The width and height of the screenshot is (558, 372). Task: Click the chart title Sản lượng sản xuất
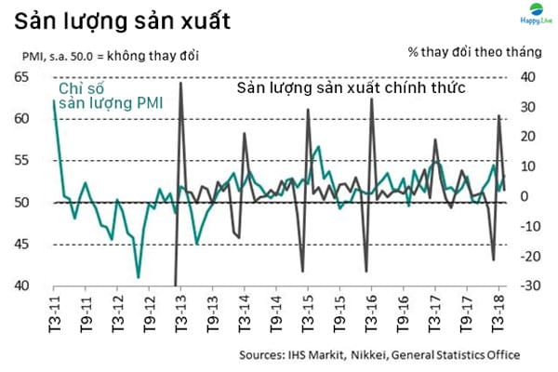click(122, 21)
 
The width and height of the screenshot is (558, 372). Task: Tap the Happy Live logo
click(536, 14)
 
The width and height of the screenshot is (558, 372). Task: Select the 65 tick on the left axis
click(21, 77)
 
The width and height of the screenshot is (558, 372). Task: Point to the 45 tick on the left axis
click(21, 245)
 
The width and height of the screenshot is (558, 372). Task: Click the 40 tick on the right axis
click(527, 77)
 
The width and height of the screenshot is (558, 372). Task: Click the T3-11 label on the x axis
click(54, 314)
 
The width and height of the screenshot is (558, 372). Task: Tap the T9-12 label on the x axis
click(150, 314)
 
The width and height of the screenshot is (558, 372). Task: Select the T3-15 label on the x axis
click(308, 314)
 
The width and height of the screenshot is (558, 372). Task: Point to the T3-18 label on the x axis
click(498, 314)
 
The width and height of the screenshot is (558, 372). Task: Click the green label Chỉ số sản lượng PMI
click(111, 96)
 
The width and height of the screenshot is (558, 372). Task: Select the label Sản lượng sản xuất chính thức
click(352, 87)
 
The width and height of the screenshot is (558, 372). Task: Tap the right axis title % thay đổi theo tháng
click(474, 52)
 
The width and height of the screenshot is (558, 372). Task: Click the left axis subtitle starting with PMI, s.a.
click(111, 56)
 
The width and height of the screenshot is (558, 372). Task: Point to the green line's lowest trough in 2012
click(138, 277)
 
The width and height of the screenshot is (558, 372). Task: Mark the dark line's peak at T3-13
click(180, 83)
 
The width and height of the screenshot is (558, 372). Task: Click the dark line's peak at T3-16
click(371, 99)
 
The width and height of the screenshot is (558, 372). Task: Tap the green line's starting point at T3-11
click(54, 100)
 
